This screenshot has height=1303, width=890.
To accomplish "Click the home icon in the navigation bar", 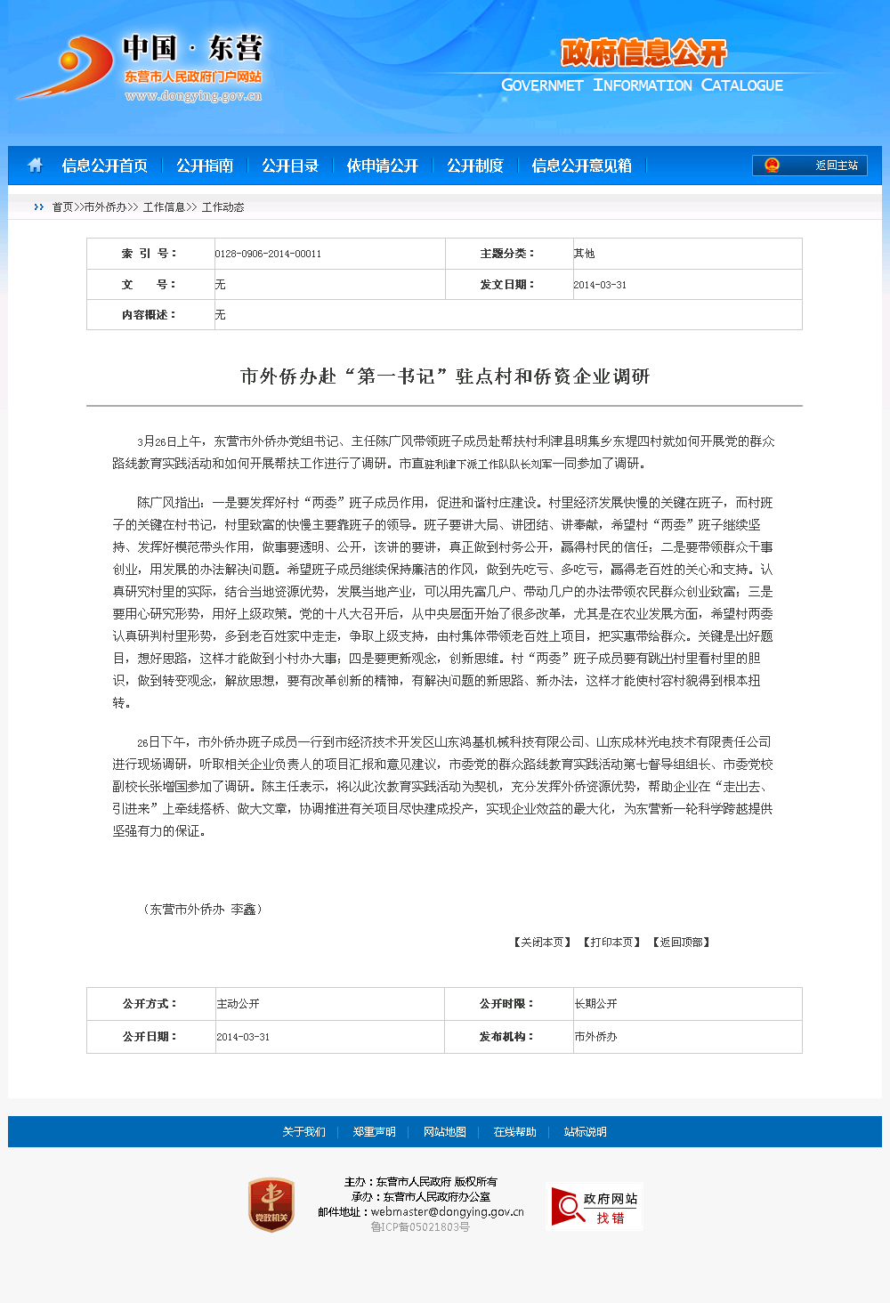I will [36, 166].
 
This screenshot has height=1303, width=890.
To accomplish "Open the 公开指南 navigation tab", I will [205, 166].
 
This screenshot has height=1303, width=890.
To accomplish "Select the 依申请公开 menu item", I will [383, 166].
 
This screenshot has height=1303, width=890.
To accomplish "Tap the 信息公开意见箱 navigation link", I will [582, 166].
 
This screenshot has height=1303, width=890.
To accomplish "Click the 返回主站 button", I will [810, 166].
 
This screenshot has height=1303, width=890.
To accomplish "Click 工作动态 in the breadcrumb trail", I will [222, 207].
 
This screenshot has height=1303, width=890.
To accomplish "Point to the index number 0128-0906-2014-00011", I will [268, 255].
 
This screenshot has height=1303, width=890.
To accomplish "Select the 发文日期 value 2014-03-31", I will [600, 285].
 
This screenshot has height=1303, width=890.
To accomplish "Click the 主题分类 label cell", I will [507, 254].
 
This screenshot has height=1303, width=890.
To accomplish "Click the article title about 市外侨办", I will [445, 376].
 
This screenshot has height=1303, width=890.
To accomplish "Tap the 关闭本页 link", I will [542, 943].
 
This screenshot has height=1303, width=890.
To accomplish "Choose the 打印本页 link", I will [611, 943].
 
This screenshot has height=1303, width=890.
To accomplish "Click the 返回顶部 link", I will [681, 943].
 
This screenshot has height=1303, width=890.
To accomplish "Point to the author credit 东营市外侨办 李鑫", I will [203, 910].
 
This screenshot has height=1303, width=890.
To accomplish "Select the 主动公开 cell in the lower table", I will [239, 1004].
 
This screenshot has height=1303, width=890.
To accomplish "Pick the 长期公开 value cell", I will [596, 1004].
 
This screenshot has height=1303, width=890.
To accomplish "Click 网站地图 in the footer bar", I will [445, 1132].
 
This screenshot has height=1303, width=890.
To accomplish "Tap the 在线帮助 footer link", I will [515, 1132].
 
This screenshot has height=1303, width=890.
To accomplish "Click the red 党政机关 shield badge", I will [271, 1205].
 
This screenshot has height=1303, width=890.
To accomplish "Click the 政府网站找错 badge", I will [595, 1207].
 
